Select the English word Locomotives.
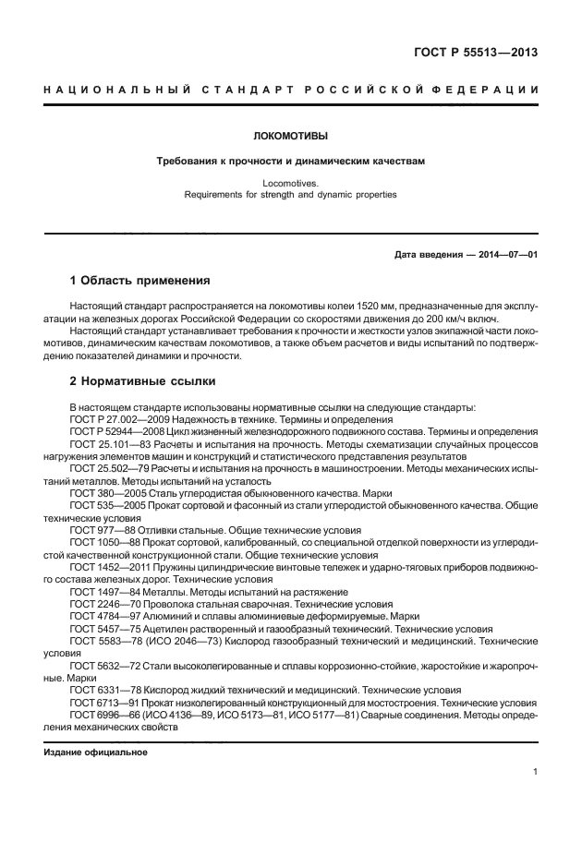click(x=290, y=183)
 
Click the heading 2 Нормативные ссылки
click(x=142, y=380)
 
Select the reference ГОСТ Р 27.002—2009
click(x=115, y=418)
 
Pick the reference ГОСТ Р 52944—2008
click(x=115, y=431)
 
